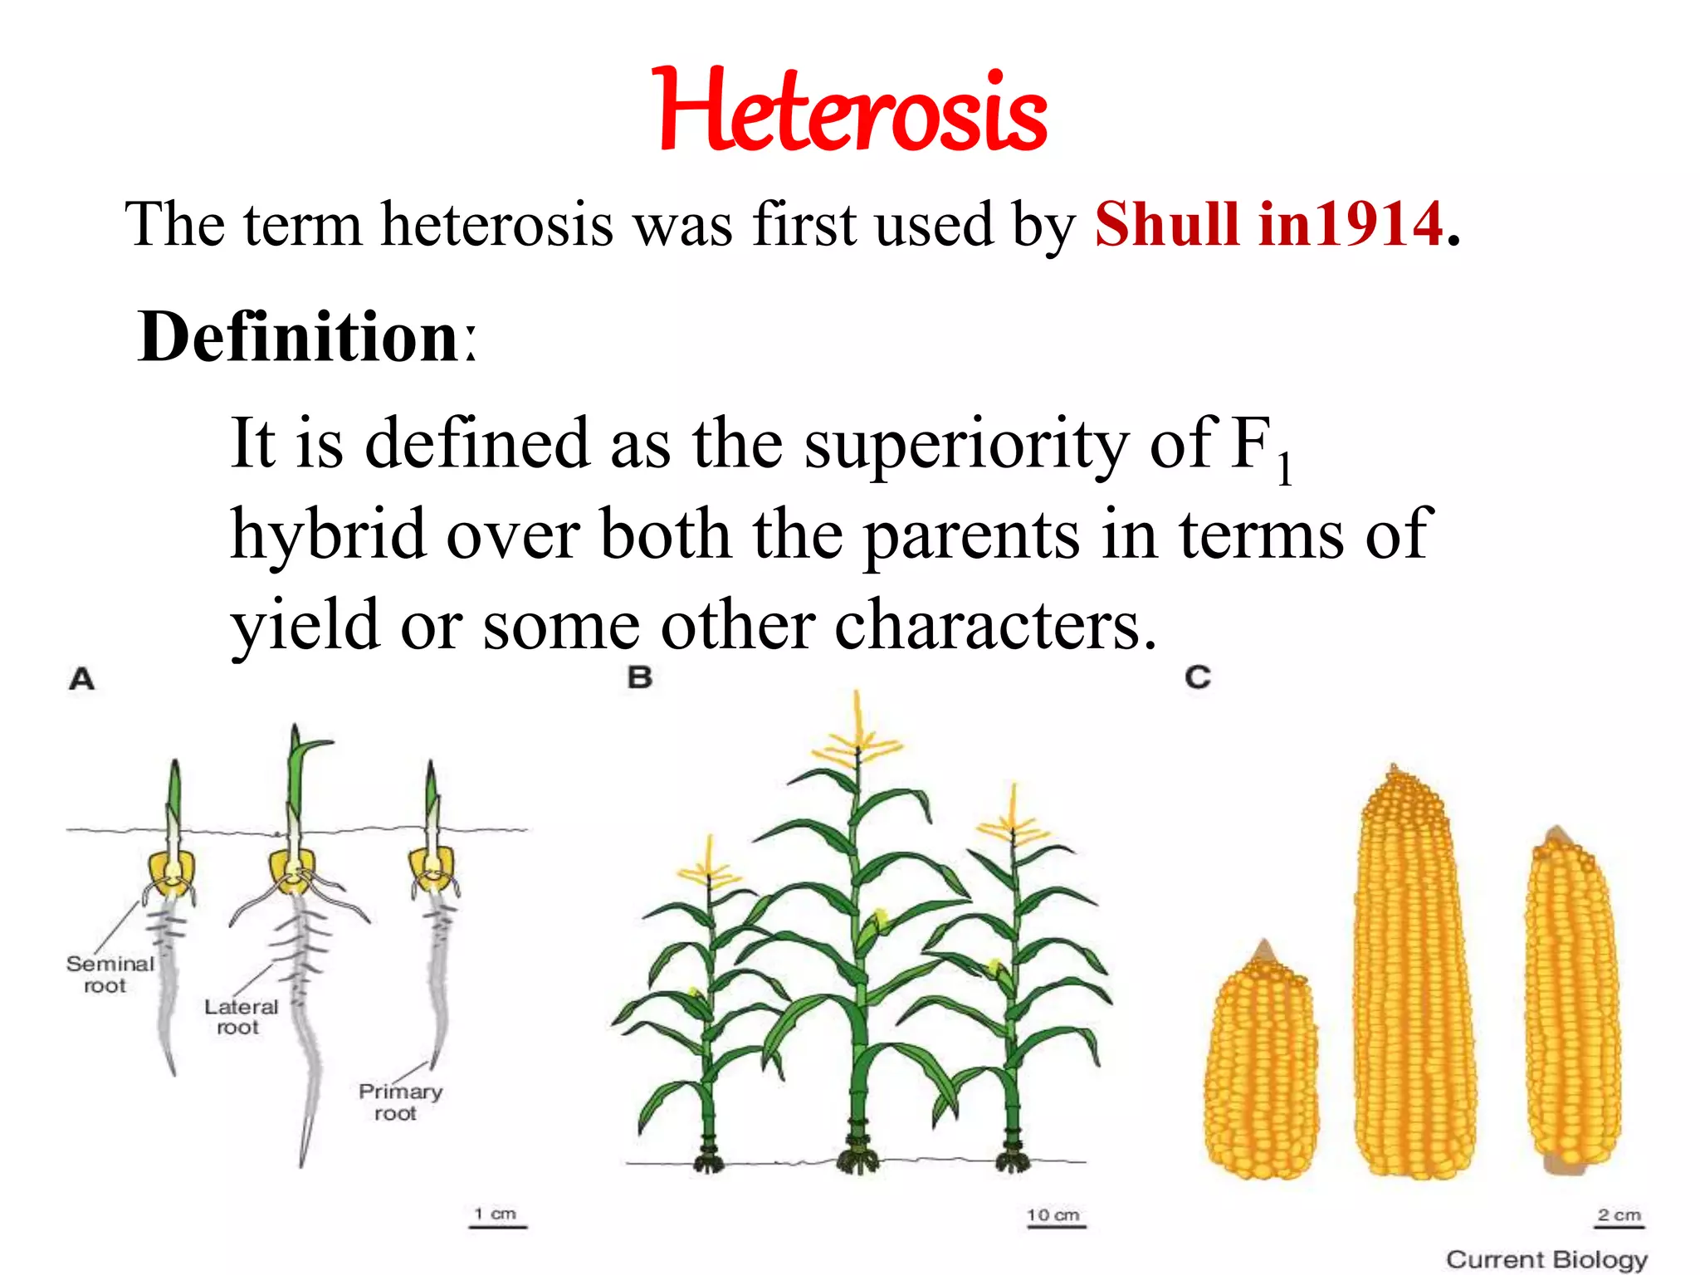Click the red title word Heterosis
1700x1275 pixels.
coord(850,112)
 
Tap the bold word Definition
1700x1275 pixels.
coord(299,336)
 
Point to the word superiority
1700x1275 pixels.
coord(966,444)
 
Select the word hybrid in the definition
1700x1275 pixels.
coord(328,535)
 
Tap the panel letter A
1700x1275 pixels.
coord(82,679)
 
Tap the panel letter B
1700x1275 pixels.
coord(640,677)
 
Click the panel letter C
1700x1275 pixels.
coord(1198,677)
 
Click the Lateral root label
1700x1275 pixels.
coord(241,1017)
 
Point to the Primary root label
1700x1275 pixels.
coord(399,1102)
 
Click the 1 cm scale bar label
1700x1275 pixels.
coord(496,1214)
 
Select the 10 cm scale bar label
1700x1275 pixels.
coord(1053,1215)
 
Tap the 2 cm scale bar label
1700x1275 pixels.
coord(1619,1215)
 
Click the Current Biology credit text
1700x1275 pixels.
coord(1546,1259)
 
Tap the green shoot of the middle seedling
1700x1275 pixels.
coord(299,772)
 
